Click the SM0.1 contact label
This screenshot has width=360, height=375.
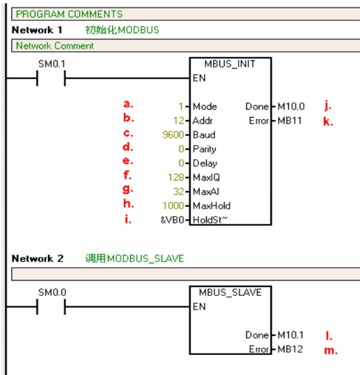(x=52, y=64)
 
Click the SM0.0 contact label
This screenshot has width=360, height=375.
(x=52, y=293)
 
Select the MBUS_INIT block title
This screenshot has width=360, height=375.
(x=230, y=64)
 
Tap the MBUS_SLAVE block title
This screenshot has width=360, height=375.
(x=230, y=293)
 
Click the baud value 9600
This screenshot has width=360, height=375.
(x=173, y=135)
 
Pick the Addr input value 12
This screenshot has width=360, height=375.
(x=179, y=121)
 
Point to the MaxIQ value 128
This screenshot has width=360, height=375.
(x=176, y=178)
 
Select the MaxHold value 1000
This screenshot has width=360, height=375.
(x=173, y=206)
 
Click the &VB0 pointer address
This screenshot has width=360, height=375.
(x=172, y=220)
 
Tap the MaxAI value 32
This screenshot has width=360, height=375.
(x=179, y=192)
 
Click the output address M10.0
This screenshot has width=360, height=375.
(x=291, y=107)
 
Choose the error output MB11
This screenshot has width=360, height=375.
(x=290, y=121)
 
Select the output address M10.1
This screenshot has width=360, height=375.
(x=291, y=335)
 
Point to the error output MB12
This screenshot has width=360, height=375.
(x=290, y=349)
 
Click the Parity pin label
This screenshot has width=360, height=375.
(x=205, y=149)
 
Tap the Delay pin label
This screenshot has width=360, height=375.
(x=205, y=163)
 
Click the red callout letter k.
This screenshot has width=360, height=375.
(x=328, y=121)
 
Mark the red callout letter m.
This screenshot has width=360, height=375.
(x=330, y=351)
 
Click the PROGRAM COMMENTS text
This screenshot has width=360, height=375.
(x=69, y=14)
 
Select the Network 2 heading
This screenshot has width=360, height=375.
(x=38, y=259)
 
